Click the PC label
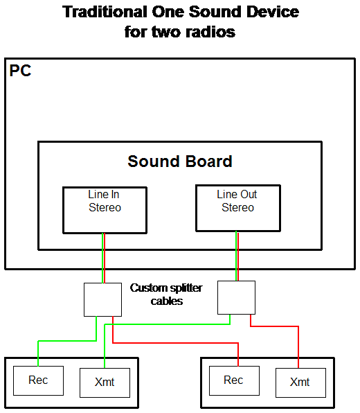click(20, 71)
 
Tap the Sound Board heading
click(180, 161)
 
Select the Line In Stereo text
click(105, 201)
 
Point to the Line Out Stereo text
click(237, 201)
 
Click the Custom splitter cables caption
click(166, 295)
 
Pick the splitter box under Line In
click(102, 300)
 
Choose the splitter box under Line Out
click(236, 298)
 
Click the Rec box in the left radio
click(38, 380)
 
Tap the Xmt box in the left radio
click(105, 383)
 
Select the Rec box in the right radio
click(234, 380)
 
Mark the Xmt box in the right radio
click(300, 383)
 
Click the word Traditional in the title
click(105, 12)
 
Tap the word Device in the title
click(273, 12)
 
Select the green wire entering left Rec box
click(67, 341)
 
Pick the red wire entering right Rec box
click(176, 343)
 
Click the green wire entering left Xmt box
click(168, 324)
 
